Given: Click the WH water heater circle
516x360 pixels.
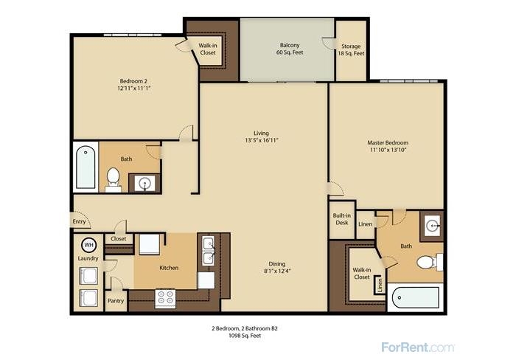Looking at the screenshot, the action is click(x=89, y=245).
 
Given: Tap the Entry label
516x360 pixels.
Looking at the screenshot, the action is click(x=79, y=221).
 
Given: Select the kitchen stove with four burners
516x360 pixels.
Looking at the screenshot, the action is click(x=165, y=298).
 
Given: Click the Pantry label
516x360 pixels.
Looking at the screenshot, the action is click(x=116, y=301).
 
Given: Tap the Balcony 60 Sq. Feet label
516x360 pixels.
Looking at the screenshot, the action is click(x=290, y=49).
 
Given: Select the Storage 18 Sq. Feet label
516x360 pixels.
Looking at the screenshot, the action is click(x=351, y=49).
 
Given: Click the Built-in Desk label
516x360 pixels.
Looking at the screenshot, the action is click(x=342, y=219).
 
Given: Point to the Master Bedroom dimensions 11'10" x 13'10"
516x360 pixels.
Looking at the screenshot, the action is click(x=388, y=150).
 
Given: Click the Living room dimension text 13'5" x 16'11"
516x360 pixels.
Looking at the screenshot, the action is click(x=262, y=140).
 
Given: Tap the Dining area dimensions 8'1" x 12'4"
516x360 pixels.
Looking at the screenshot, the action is click(x=276, y=271).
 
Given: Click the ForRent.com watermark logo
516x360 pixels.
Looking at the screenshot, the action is click(x=418, y=347).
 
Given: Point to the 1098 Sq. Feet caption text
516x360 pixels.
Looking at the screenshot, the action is click(x=245, y=336).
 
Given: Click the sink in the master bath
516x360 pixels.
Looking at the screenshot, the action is click(x=432, y=226).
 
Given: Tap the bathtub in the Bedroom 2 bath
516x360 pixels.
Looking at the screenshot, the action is click(x=86, y=167).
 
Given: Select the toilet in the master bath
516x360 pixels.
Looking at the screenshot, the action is click(x=430, y=262).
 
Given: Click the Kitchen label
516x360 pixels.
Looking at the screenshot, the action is click(x=169, y=268).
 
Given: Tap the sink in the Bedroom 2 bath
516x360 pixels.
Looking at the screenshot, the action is click(x=144, y=183).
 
